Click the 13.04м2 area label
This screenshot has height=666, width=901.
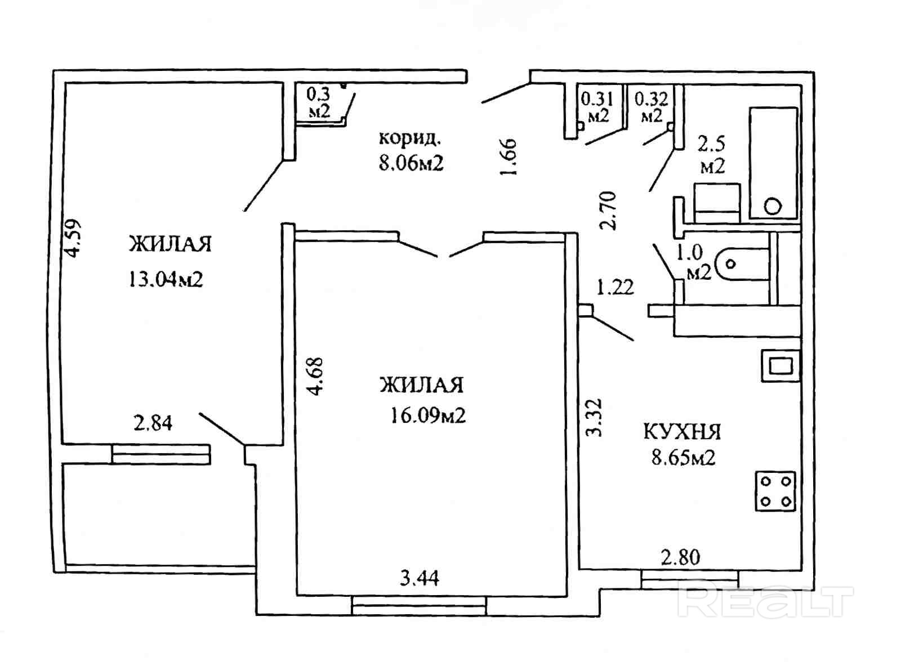coord(166,279)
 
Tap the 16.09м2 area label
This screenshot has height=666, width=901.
coord(427,415)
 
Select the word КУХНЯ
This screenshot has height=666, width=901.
coord(682,432)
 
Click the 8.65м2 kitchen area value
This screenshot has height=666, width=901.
coord(683,457)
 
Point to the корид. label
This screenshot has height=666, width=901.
coord(410,138)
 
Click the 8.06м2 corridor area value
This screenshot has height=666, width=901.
coord(411,163)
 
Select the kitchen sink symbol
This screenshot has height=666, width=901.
coord(780,366)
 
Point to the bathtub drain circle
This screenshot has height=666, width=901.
coord(774,206)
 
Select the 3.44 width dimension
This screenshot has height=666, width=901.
coord(420,578)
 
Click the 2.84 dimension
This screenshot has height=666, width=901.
coord(153,423)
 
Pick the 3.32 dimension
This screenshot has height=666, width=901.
coord(594,418)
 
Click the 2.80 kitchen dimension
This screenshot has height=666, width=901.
coord(680,558)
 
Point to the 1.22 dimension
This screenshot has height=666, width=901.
coord(615,288)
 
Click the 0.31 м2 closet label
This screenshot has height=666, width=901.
coord(597,107)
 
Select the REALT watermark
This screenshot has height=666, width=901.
coord(766,602)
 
